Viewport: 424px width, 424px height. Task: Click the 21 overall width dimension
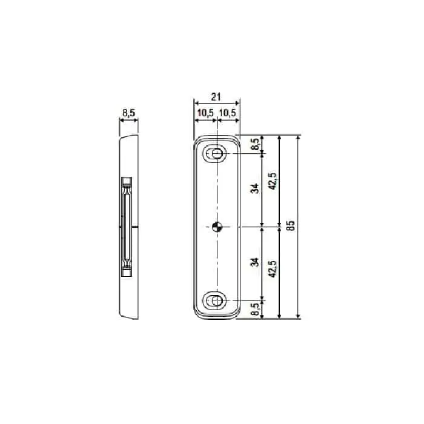click(x=217, y=95)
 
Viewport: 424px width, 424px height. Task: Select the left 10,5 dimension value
click(x=205, y=113)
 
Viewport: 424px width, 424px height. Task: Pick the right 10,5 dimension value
click(x=228, y=113)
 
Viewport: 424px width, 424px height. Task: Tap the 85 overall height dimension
click(x=291, y=227)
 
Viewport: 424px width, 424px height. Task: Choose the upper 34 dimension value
click(x=256, y=188)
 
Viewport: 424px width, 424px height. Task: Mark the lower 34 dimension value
click(x=256, y=262)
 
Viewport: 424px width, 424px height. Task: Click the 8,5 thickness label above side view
click(x=128, y=113)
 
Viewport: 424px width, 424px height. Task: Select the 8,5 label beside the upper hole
click(x=256, y=144)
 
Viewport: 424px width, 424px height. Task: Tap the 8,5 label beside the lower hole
click(x=256, y=309)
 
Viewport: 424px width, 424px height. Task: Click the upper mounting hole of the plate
click(x=217, y=154)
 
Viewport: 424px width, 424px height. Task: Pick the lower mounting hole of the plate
click(x=217, y=300)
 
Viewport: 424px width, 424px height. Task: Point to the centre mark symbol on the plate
click(x=217, y=227)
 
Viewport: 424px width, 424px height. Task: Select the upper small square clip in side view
click(x=126, y=181)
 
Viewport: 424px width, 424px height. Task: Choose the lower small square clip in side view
click(x=126, y=272)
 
